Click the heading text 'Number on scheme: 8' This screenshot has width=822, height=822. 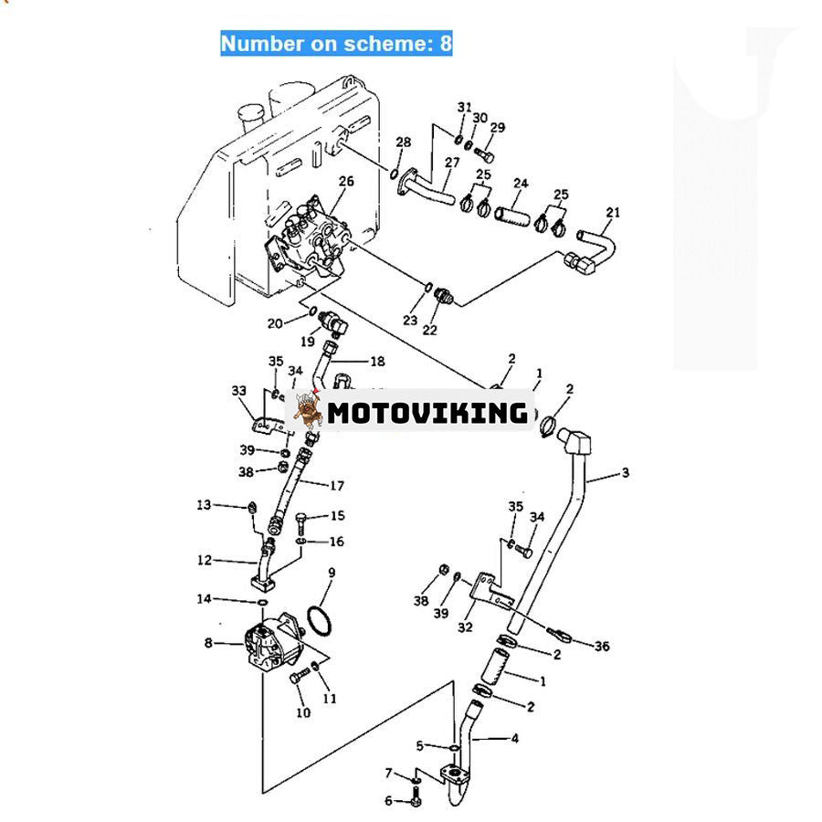click(x=336, y=43)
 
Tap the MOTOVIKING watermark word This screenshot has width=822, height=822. click(x=427, y=413)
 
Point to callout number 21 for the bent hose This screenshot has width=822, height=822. click(x=612, y=213)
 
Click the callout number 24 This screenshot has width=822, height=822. click(x=520, y=184)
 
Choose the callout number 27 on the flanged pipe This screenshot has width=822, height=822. click(x=451, y=163)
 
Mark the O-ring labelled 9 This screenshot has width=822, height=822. click(x=317, y=618)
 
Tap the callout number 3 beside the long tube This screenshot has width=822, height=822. click(x=625, y=472)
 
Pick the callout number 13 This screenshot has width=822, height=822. click(x=203, y=504)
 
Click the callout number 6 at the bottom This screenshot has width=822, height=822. click(x=387, y=801)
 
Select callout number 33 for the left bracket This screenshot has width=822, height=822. click(x=239, y=391)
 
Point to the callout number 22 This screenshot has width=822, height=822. click(x=429, y=329)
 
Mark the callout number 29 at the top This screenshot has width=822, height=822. click(x=497, y=127)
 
